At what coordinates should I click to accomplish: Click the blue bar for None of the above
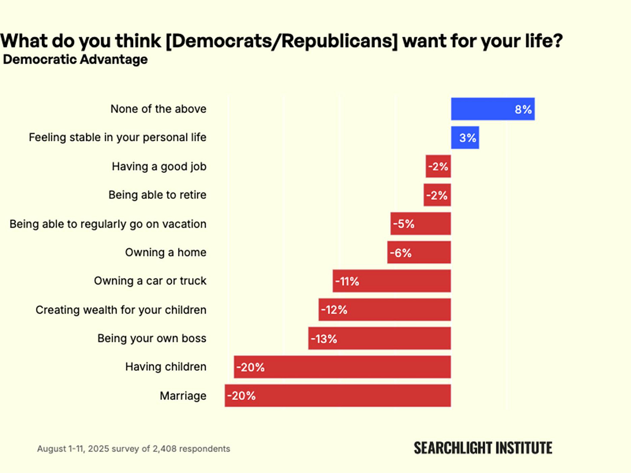pos(493,109)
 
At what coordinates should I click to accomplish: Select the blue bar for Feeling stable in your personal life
pos(465,138)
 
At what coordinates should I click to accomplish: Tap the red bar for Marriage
pos(338,395)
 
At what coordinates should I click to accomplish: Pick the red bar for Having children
pos(342,367)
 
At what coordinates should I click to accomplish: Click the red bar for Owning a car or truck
pos(392,281)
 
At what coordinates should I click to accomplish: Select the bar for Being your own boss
pos(380,338)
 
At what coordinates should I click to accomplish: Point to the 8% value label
pos(523,109)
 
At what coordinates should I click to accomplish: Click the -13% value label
pos(324,339)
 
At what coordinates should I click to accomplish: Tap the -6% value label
pos(400,253)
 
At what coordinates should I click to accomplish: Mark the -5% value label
pos(403,224)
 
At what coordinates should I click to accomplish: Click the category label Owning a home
pos(166,253)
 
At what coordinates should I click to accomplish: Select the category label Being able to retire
pos(157,195)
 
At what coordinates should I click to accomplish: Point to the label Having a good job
pos(159,167)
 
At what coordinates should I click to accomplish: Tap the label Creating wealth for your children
pos(121,310)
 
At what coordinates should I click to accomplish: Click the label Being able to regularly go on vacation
pos(108,224)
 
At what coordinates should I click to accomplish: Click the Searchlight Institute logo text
pos(483,448)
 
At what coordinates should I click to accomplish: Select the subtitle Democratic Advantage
pos(75,59)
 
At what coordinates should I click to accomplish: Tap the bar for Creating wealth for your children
pos(384,310)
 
